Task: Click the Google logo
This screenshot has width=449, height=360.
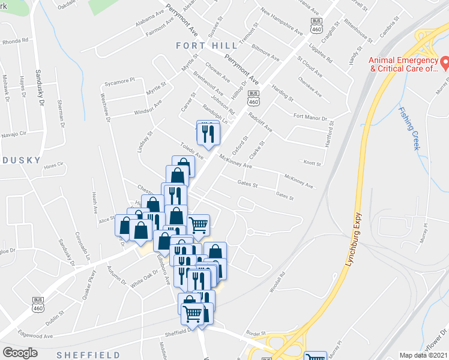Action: pyautogui.click(x=20, y=353)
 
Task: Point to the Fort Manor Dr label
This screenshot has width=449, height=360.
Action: pyautogui.click(x=310, y=118)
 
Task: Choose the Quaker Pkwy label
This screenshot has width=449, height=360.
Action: pyautogui.click(x=90, y=280)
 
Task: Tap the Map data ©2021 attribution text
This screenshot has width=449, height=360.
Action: pyautogui.click(x=423, y=355)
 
